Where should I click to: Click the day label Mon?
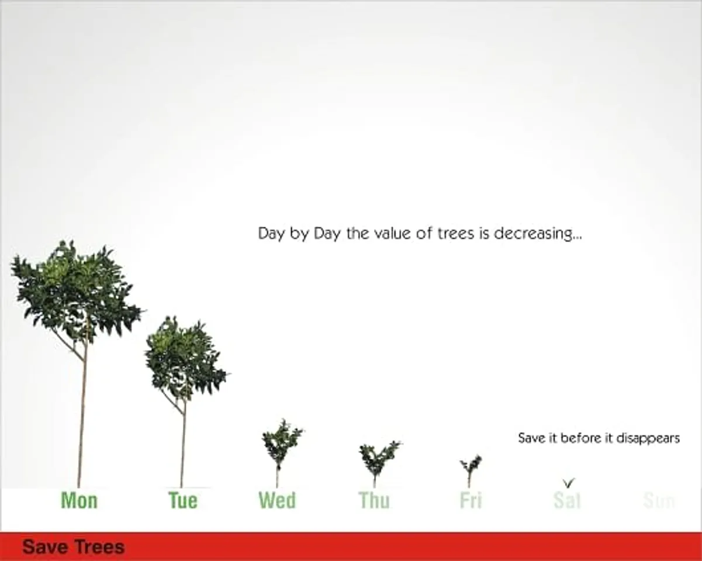coord(79,500)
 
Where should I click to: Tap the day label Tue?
coord(183,500)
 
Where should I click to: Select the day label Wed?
coord(277,500)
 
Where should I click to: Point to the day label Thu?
coord(374,500)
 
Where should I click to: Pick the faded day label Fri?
coord(471,500)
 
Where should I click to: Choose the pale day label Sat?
coord(567,500)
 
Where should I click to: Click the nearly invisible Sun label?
coord(659,500)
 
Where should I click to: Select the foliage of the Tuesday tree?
coord(184,356)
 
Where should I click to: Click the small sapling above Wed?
coord(281,444)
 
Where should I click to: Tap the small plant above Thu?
coord(378,459)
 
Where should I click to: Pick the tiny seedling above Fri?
coord(471,467)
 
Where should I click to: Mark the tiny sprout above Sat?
coord(569,483)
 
